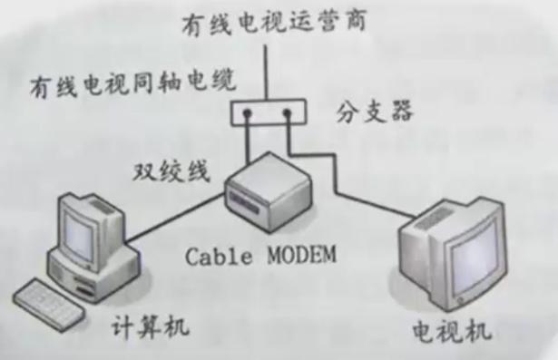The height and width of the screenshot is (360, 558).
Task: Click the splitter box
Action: pyautogui.click(x=267, y=112)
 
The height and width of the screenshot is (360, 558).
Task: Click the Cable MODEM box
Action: pyautogui.click(x=269, y=195)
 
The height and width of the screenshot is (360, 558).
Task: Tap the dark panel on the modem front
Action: pyautogui.click(x=248, y=196)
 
